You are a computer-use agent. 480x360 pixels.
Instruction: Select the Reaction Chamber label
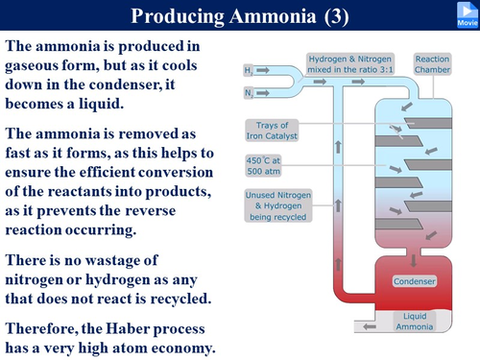click(432, 64)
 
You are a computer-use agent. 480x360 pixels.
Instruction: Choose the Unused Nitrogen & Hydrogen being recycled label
click(276, 205)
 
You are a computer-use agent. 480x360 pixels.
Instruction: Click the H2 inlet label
click(249, 71)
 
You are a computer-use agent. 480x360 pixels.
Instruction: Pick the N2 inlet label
click(249, 94)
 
